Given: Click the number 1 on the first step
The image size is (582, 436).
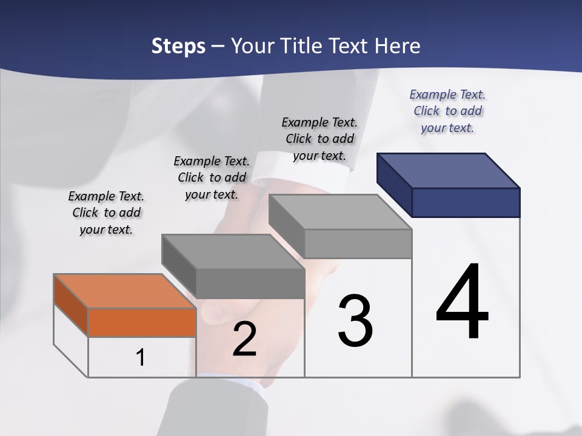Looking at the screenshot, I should (141, 358).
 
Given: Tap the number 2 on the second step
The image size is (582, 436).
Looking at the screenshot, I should (244, 340).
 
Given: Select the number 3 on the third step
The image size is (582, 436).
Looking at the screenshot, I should (355, 321).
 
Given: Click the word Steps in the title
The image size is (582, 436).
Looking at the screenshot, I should (178, 46).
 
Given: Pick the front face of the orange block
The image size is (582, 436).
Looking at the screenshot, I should (142, 322).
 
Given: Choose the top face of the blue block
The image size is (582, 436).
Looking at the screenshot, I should (449, 170).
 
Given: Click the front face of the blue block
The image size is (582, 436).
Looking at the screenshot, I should (466, 202).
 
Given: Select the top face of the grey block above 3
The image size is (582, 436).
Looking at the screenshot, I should (340, 212).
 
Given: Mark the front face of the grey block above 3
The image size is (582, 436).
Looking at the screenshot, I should (358, 243).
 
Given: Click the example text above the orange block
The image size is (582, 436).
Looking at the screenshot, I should (106, 213).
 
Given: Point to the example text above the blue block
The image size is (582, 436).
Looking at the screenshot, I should (447, 111).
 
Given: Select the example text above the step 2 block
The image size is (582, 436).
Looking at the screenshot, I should (212, 177).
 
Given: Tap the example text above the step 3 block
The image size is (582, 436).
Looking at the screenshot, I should (319, 139).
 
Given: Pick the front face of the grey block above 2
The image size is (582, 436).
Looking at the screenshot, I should (250, 283).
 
